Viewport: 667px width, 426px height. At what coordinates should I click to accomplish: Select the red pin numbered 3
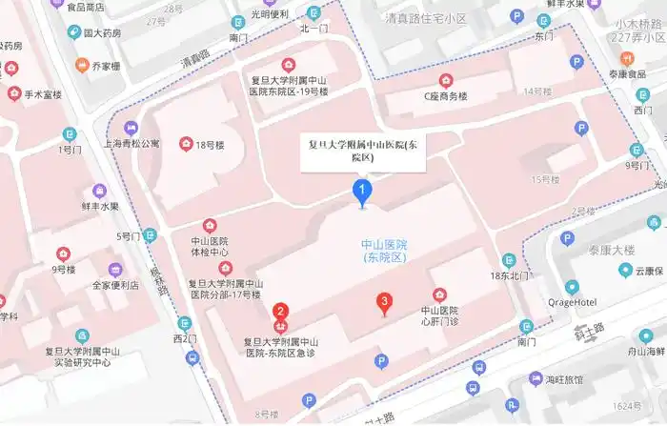[x=384, y=304]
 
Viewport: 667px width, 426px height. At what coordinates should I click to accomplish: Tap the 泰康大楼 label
[x=611, y=250]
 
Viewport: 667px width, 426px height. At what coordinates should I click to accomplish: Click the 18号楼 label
[x=209, y=145]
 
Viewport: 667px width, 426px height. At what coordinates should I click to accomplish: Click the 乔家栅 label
[x=105, y=67]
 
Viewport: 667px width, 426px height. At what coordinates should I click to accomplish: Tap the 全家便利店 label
[x=115, y=285]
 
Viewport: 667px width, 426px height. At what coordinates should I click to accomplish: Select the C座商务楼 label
[x=446, y=95]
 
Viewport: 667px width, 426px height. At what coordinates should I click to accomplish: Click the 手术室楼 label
[x=43, y=94]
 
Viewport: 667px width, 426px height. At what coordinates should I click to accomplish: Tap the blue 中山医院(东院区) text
[x=384, y=251]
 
